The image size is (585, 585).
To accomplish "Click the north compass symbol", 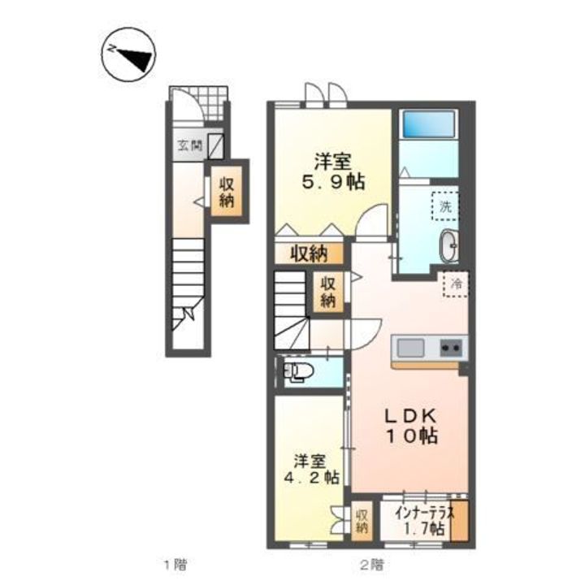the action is point(128,54).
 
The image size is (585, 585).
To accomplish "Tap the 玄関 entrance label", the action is point(189,145).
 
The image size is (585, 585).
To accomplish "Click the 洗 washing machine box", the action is point(444,206).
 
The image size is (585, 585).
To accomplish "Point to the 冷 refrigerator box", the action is point(456,284).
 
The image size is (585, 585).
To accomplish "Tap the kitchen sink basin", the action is point(410,348).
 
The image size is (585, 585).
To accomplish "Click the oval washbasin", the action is point(448,245).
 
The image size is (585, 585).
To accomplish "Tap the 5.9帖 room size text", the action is point(333,182).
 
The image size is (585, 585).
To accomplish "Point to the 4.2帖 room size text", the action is point(311,478).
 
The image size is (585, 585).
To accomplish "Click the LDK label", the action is point(411,416).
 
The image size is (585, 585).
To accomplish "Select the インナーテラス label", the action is point(425,513).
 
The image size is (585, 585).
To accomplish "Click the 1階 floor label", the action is point(175,565).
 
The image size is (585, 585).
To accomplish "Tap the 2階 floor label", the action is point(371,565).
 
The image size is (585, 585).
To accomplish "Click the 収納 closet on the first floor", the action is point(227,192).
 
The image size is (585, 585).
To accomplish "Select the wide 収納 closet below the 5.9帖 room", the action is point(309,253).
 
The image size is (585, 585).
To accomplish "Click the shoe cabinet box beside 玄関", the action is point(216,146).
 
